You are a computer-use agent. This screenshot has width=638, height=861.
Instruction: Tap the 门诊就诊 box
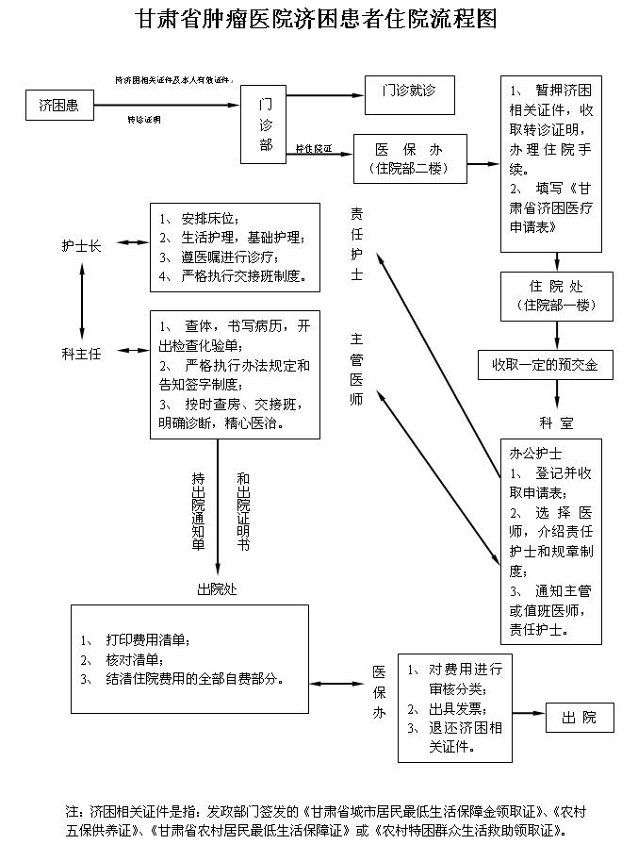pos(408,91)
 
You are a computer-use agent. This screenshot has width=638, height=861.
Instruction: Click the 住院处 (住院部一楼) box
pos(556,295)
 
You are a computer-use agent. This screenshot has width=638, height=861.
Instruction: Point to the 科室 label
pos(556,422)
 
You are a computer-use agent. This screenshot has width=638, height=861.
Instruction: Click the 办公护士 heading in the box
pos(535,454)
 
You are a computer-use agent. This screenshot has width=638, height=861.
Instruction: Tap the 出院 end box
pos(579,718)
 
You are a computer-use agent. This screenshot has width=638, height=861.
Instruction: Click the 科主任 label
pos(82,354)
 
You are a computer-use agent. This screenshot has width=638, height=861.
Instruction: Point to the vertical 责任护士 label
pos(356,244)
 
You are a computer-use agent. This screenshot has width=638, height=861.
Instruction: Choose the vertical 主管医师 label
pos(356,369)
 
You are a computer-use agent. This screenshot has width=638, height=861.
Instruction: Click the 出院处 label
pos(216,589)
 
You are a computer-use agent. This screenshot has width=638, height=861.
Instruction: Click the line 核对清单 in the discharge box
pos(134,658)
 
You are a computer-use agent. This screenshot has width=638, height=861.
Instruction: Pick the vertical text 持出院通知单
pos(198,509)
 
